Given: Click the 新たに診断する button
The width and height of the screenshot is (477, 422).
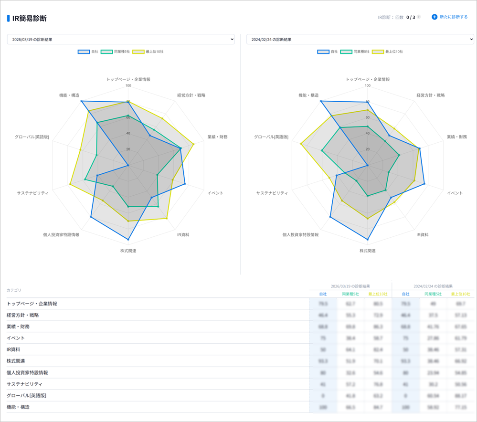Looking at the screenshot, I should coord(450,17).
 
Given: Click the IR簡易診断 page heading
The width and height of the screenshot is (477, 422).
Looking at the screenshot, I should coord(30,19).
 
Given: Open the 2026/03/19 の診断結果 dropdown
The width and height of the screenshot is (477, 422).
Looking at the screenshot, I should coord(121,39).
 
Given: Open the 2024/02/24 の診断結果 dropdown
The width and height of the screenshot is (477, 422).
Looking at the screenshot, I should coord(360,39).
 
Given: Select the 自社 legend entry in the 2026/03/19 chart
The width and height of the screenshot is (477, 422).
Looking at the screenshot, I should coord(88,52).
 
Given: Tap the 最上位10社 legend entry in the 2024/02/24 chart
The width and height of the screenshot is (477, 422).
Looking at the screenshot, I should coord(388,52).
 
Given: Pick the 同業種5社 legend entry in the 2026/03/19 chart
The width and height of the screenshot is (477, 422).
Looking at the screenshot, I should coord(115,52).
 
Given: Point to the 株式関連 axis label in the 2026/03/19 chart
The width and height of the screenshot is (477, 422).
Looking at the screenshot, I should coord(128,251).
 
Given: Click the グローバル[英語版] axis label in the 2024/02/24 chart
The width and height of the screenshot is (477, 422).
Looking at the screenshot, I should coord(271,137).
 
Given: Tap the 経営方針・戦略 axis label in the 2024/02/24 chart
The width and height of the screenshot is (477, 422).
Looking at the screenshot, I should coord(430,95).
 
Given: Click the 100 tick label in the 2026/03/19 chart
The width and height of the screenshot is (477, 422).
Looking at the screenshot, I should coord(128,86).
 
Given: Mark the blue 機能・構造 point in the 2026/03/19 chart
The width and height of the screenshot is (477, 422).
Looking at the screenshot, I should coord(82,101).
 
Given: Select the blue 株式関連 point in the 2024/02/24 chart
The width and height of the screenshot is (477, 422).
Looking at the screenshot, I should coord(368,239).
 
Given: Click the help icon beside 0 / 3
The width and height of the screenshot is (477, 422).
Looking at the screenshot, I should coord(419,17).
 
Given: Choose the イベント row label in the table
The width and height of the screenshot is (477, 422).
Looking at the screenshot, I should coord(16,338).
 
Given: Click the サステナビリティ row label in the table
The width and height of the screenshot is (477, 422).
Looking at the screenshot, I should coord(25,384).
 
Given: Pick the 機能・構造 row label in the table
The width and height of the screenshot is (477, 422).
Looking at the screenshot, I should coord(18,407).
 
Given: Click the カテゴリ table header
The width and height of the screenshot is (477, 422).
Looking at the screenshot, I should coord(14,290).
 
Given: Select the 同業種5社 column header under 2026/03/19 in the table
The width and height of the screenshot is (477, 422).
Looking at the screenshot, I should coord(350,294).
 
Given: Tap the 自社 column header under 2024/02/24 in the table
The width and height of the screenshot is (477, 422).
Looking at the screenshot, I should coord(406,294).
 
